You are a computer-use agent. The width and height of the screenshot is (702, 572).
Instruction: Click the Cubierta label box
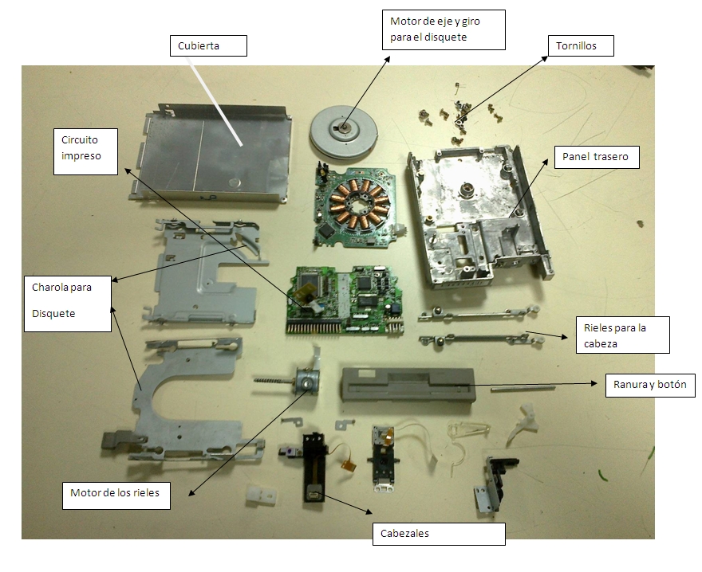click(x=208, y=45)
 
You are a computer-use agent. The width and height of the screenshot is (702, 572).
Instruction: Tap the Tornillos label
click(x=581, y=45)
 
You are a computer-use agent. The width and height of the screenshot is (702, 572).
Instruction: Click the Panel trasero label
click(x=597, y=156)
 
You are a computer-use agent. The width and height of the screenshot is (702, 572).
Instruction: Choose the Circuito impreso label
click(x=85, y=151)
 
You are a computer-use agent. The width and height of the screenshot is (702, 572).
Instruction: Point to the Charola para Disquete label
click(x=68, y=304)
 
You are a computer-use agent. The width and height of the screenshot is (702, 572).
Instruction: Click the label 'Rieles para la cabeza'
click(x=623, y=335)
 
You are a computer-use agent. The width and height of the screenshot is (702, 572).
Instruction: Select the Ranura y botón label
click(x=650, y=385)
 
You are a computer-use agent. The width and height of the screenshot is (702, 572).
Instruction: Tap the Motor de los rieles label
click(x=116, y=495)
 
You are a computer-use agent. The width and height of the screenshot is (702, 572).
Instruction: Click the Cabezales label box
click(x=439, y=534)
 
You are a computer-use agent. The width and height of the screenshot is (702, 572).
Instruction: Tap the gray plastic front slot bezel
click(x=408, y=385)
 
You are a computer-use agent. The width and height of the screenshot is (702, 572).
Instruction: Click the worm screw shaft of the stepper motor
click(x=274, y=381)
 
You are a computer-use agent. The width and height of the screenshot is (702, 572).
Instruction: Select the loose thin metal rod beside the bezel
click(x=523, y=389)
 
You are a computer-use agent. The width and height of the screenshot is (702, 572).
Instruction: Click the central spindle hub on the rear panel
click(x=466, y=191)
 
